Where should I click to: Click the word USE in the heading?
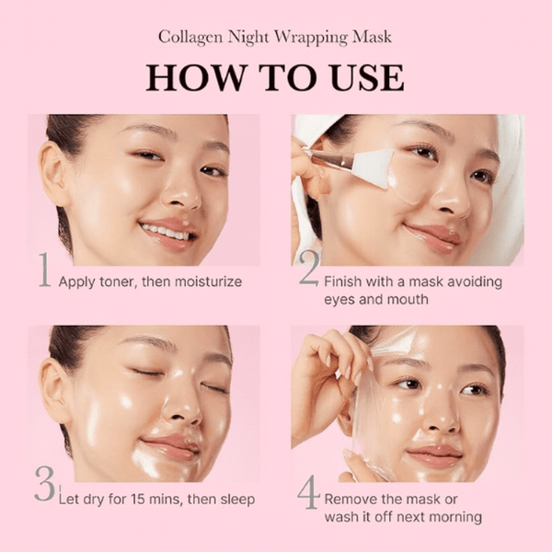364,77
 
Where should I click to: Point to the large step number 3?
44,484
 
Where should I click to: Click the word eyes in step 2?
340,300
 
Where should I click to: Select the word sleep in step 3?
235,500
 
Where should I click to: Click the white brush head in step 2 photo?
374,169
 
